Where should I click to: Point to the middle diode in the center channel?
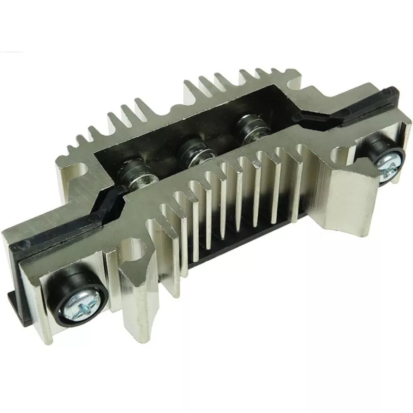pyautogui.click(x=190, y=151)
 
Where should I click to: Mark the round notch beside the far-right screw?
pyautogui.click(x=347, y=154)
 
